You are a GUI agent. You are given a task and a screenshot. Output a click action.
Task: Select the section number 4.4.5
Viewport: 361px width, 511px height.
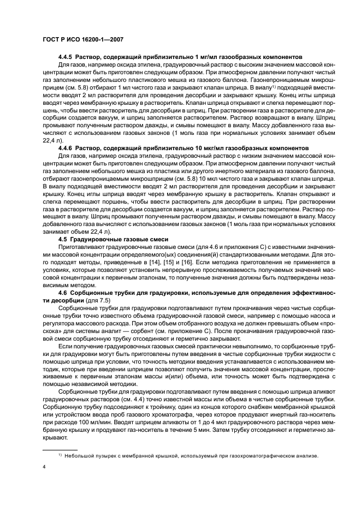pyautogui.click(x=66, y=57)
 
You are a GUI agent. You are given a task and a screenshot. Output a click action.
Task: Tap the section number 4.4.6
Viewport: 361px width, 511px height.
pyautogui.click(x=66, y=148)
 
